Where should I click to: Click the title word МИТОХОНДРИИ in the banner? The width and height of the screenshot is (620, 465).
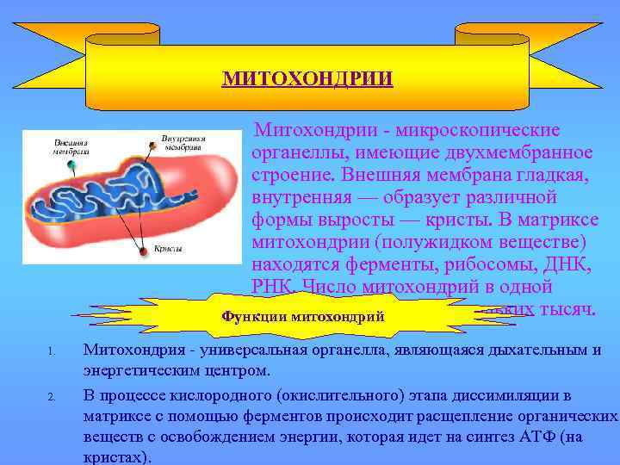click(307, 79)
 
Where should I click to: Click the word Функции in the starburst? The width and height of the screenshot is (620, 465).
click(254, 316)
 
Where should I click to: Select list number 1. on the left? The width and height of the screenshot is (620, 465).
click(52, 351)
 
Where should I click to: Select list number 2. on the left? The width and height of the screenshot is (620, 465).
click(52, 397)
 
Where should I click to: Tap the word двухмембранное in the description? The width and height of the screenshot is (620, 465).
click(526, 152)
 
